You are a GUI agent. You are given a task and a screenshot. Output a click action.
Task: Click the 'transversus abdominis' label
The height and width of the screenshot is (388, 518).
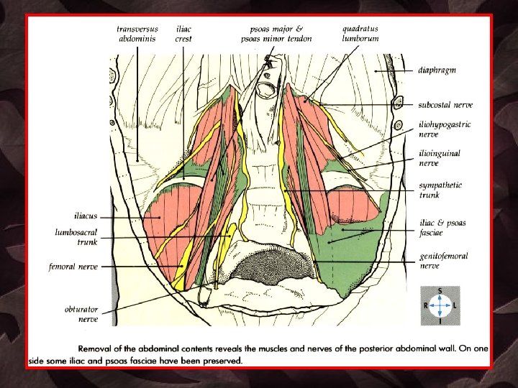[x=137, y=34]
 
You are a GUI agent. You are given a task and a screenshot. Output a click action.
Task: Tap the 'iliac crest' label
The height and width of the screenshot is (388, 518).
[x=183, y=34]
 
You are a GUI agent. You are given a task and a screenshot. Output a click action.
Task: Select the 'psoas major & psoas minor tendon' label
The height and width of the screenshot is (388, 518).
[x=277, y=34]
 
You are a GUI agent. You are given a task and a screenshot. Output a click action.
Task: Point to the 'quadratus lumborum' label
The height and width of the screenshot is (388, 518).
[x=360, y=33]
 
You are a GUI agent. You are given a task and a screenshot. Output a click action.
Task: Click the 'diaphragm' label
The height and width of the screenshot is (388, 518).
[x=437, y=70]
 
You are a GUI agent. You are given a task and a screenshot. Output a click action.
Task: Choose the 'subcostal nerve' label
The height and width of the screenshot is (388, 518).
[x=446, y=105]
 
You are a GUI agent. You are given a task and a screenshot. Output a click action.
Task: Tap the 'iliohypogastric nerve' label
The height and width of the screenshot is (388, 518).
[x=445, y=129]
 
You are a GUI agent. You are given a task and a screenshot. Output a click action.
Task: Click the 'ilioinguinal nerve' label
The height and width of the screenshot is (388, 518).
[x=440, y=157]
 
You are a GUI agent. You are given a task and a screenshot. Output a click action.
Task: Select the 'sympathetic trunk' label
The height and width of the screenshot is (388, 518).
[x=440, y=190]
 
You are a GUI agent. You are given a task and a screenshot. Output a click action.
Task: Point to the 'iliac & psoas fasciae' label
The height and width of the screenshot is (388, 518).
[x=442, y=227]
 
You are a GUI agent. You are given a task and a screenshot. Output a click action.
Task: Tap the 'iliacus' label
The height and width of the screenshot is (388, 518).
[x=85, y=215]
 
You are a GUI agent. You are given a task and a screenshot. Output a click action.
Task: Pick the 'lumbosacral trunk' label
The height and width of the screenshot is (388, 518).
[x=76, y=237]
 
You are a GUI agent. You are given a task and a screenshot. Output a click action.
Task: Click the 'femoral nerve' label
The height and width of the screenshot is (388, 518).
[x=73, y=267]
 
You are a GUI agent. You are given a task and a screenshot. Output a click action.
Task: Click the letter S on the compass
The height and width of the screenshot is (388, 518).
[x=440, y=292]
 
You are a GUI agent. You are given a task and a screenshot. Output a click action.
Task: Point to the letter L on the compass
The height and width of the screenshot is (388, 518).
[x=455, y=305]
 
